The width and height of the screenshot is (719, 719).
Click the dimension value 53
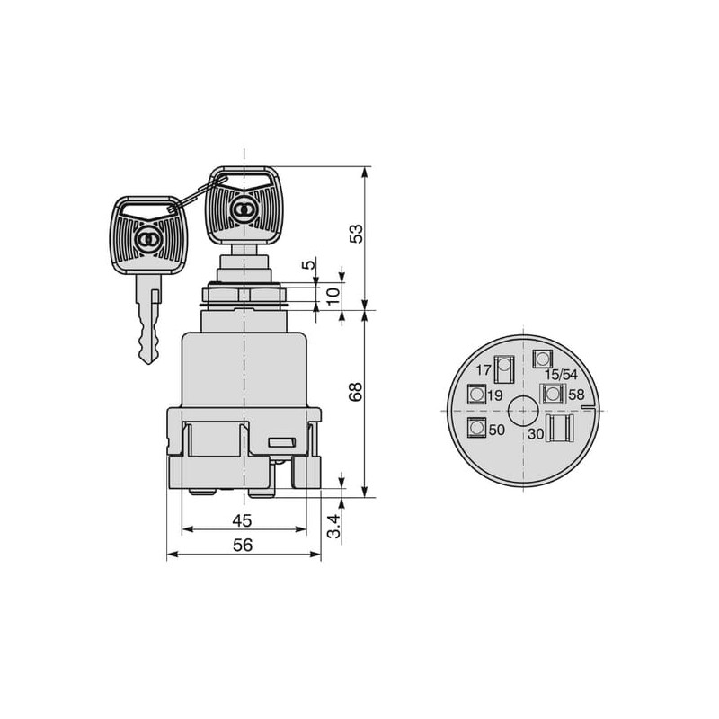[x=356, y=234]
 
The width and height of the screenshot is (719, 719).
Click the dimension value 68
[x=356, y=392]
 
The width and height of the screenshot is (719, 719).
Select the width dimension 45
[x=242, y=520]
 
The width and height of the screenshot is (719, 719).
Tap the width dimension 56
[x=243, y=545]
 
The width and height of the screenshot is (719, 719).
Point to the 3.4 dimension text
[x=335, y=526]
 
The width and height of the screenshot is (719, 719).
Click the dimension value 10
[x=334, y=296]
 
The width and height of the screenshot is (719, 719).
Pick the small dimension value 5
[x=309, y=264]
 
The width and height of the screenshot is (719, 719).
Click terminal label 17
[x=484, y=369]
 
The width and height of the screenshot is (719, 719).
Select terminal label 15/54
[x=560, y=375]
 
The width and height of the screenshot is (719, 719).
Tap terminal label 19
[x=495, y=395]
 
